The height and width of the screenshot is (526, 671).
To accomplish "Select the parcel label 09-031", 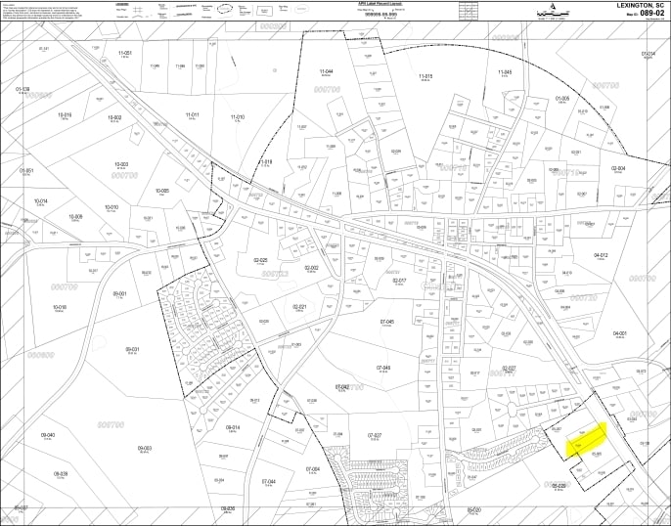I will [x=133, y=349].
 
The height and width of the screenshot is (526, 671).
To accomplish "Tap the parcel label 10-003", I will [x=122, y=164].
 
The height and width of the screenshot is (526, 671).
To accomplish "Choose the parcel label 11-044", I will [x=328, y=72].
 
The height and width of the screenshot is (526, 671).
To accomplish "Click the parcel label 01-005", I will [x=562, y=98].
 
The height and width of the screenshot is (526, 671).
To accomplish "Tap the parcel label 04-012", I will [x=601, y=255].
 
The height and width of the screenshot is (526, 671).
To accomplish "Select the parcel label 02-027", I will [x=509, y=368].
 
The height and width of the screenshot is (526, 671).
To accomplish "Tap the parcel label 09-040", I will [x=46, y=435].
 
